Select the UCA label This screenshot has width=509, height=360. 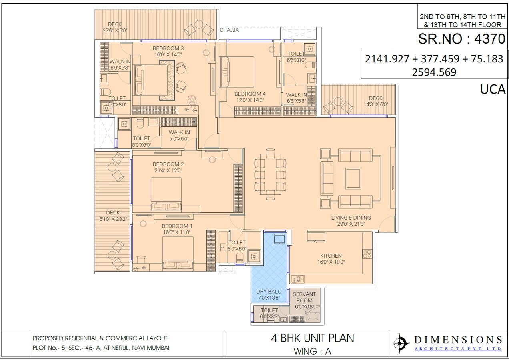coord(493,90)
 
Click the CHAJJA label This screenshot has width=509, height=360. coord(229,30)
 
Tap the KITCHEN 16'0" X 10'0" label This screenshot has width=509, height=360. coord(331,259)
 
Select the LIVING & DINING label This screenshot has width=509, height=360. coord(351,221)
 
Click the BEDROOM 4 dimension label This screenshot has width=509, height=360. coord(250,97)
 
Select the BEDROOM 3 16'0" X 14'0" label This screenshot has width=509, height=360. coord(168,52)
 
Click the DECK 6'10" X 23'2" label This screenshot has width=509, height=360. coord(113,216)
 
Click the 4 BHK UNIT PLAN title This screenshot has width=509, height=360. coord(313,338)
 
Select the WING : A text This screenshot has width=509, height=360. coord(313,352)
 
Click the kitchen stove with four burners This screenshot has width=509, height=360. coord(367,253)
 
